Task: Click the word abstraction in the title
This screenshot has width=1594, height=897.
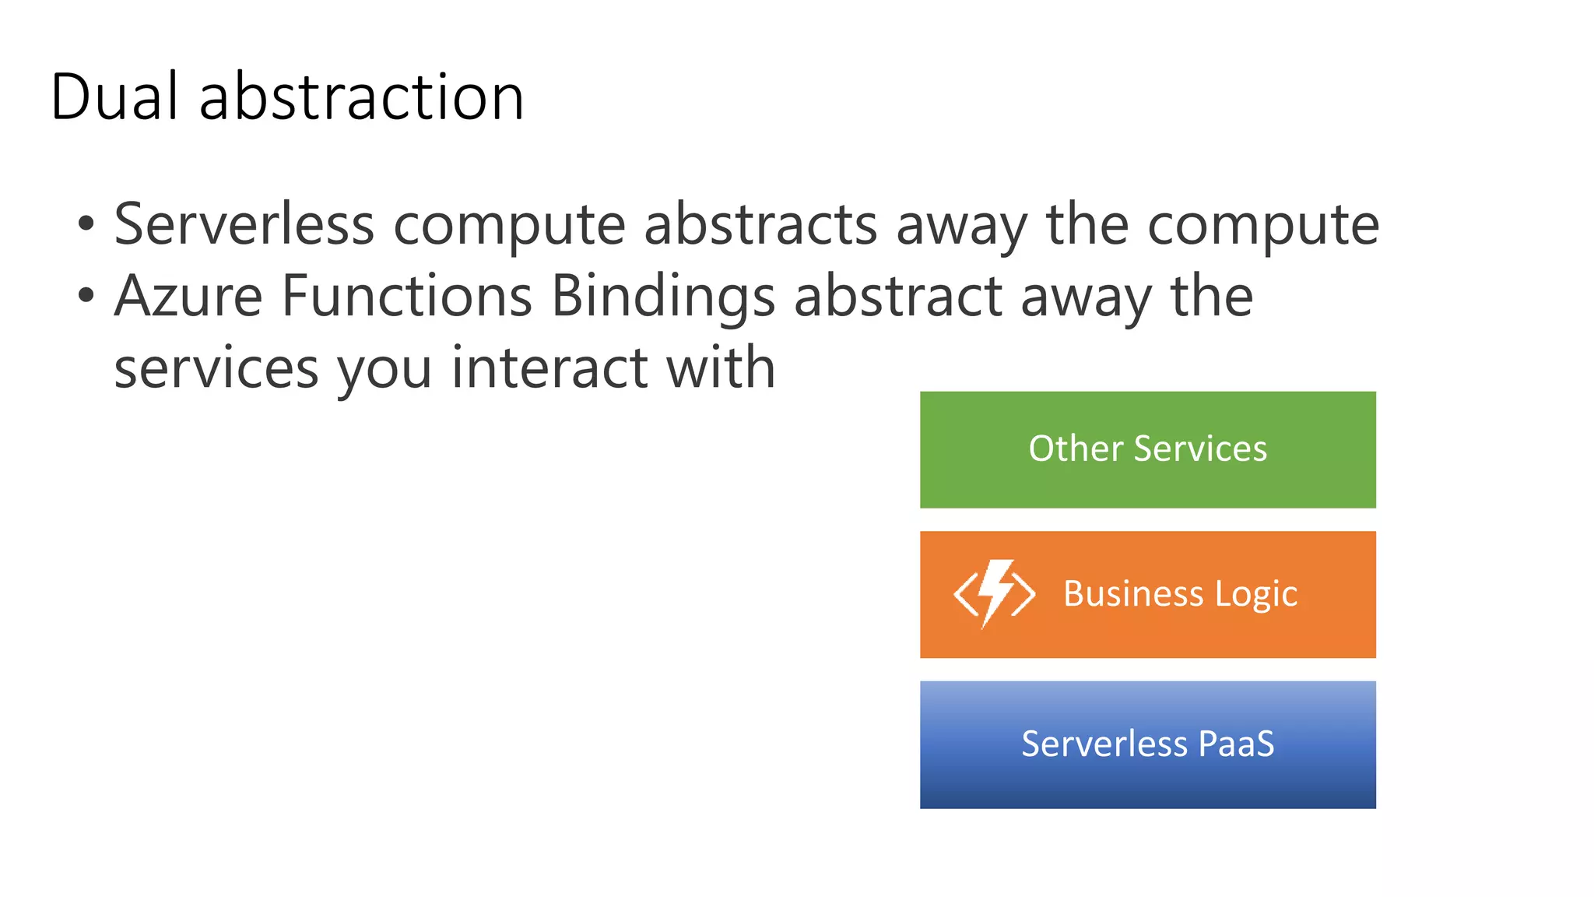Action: tap(361, 97)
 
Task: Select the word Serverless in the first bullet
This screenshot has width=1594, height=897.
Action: tap(244, 224)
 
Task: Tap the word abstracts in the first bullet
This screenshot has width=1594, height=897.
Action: tap(760, 224)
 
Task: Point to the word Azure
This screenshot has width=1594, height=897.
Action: tap(188, 296)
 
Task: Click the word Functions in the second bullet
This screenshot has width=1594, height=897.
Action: tap(406, 296)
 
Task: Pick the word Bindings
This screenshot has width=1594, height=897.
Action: tap(663, 296)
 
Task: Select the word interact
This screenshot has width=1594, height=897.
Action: tap(549, 368)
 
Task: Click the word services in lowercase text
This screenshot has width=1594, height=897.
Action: tap(216, 368)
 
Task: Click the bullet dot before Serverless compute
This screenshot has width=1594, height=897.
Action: tap(86, 225)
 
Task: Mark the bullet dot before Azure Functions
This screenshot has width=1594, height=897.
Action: tap(86, 297)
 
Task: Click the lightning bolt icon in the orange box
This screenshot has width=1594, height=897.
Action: tap(995, 593)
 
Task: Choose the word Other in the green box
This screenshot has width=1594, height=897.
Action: tap(1076, 448)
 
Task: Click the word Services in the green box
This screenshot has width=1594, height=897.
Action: tap(1200, 448)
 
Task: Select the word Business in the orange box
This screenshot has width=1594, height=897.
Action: tap(1132, 593)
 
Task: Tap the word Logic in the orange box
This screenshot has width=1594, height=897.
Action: tap(1256, 595)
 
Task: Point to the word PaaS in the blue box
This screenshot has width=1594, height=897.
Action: tap(1236, 744)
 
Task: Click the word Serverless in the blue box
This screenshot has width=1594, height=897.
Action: tap(1104, 744)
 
